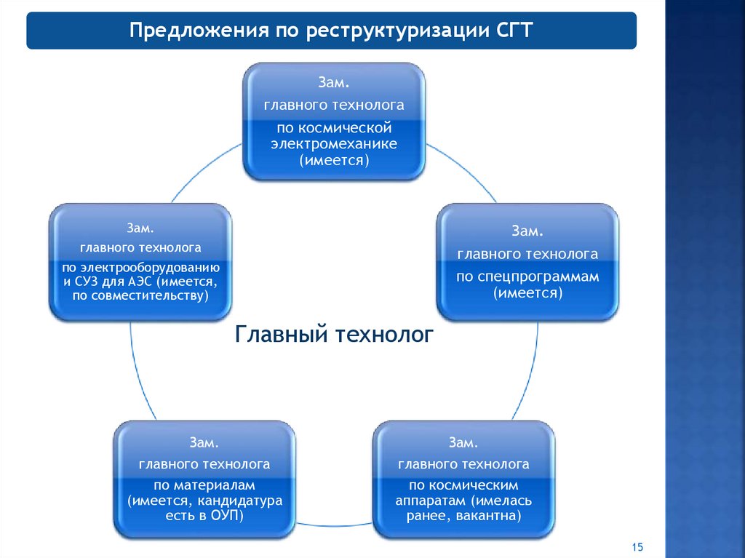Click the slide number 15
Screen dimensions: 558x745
[x=639, y=547]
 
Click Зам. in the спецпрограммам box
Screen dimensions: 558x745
[x=527, y=231]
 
